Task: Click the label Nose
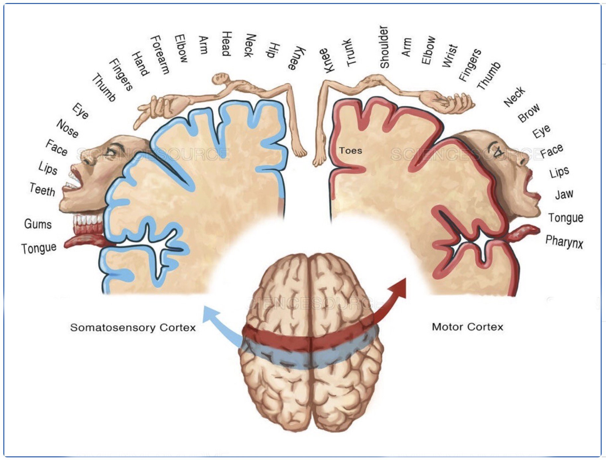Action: tap(68, 128)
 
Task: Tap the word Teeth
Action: tap(42, 190)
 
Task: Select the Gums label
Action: tap(38, 224)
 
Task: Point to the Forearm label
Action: tap(160, 54)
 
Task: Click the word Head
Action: tap(226, 44)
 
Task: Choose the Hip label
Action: tap(273, 50)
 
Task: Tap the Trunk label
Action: tap(349, 52)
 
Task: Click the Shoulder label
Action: tap(384, 47)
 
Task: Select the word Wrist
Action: tap(450, 55)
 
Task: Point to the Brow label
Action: tap(529, 113)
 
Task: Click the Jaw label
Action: tap(564, 194)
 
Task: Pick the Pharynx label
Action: tap(564, 242)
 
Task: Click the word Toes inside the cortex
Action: tap(350, 151)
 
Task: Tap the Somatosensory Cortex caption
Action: tap(133, 328)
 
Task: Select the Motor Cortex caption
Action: tap(467, 327)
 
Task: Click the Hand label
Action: tap(140, 63)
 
